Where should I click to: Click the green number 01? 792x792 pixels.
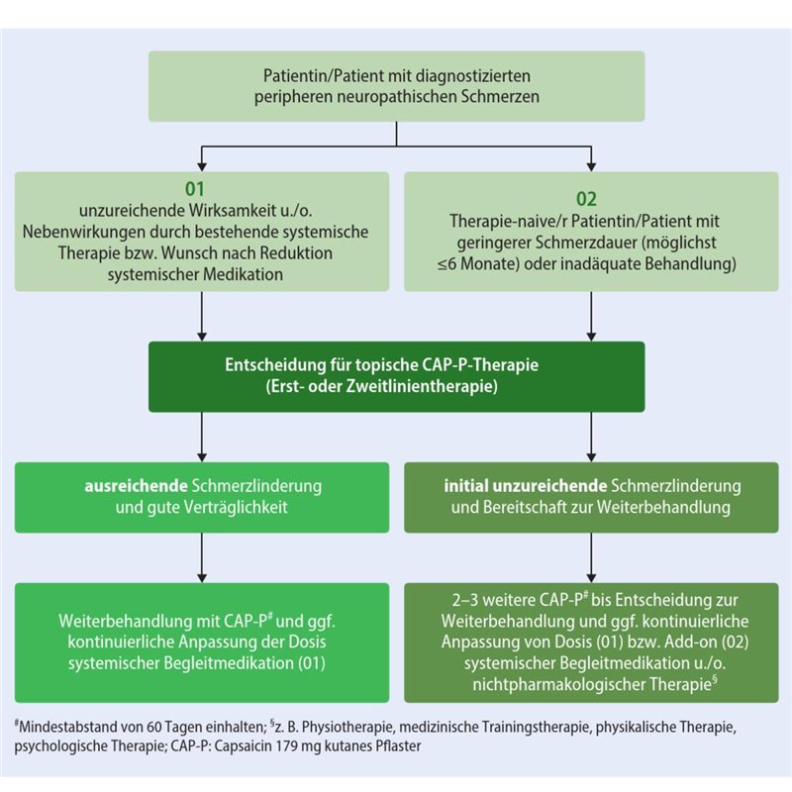(201, 186)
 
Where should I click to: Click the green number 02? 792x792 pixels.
(591, 199)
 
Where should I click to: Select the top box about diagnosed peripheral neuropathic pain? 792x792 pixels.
(396, 86)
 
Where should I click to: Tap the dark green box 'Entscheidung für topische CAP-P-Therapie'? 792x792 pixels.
(396, 376)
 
